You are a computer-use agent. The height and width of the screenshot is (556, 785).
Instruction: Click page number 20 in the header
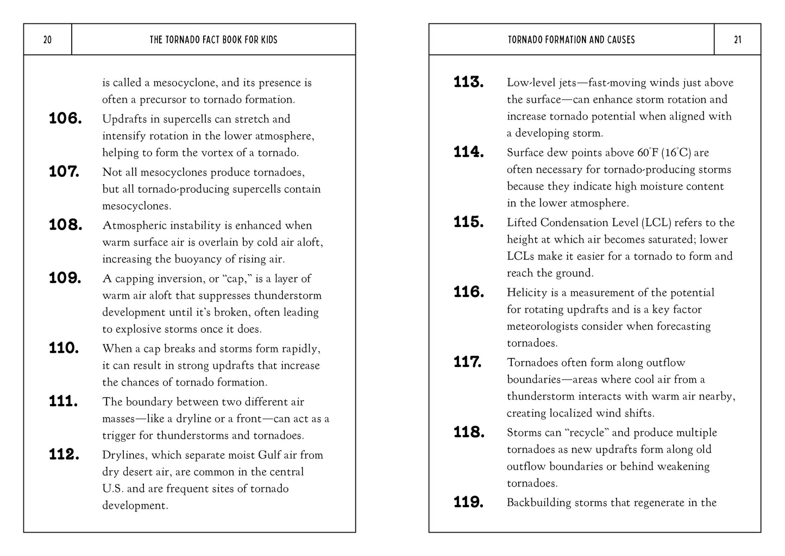coord(47,40)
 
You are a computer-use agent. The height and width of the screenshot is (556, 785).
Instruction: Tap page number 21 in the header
coord(737,40)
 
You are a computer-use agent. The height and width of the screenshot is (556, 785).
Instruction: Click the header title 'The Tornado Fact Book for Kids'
coord(213,40)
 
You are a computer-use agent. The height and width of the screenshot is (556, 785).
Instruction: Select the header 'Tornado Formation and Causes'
coord(572,40)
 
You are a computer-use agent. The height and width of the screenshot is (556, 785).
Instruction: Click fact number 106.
coord(65,118)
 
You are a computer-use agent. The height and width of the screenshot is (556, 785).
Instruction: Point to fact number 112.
coord(64,454)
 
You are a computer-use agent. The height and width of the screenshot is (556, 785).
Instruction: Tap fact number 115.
coord(469,222)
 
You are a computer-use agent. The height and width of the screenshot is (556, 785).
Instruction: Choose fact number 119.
coord(469,502)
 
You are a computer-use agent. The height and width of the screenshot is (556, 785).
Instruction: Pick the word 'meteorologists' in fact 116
coord(542,326)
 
